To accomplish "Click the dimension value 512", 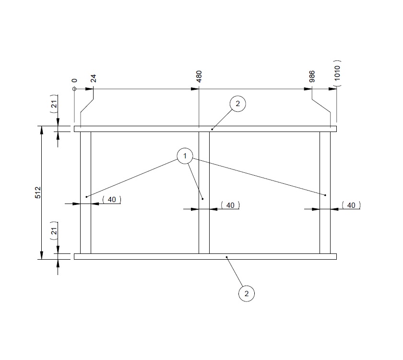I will pos(38,192).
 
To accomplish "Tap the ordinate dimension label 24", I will pos(93,78).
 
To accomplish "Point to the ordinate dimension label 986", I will pos(312,77).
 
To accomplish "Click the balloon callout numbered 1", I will pos(185,156).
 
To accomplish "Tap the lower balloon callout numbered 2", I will pos(246,293).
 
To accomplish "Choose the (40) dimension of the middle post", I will pos(230,205).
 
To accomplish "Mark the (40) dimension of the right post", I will pos(351,205).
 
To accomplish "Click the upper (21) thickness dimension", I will pos(54,104).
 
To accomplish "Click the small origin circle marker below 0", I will pos(74,89).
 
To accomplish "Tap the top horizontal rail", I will pos(144,129).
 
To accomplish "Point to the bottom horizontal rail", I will pos(144,256).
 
